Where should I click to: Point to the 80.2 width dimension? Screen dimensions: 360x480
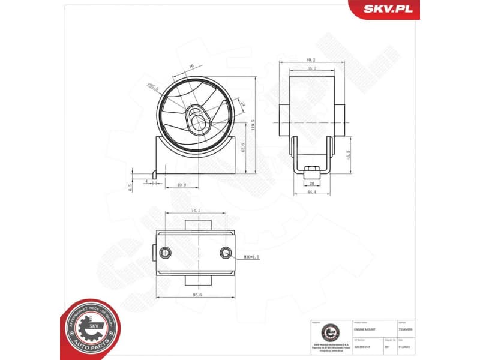click(311, 60)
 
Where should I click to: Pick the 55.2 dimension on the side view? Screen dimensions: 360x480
click(311, 69)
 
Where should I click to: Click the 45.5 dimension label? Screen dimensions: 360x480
click(349, 155)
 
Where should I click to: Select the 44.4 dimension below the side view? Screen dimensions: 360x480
click(311, 192)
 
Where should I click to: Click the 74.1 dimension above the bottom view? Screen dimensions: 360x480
click(194, 211)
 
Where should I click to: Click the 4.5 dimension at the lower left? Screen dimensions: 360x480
click(131, 187)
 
